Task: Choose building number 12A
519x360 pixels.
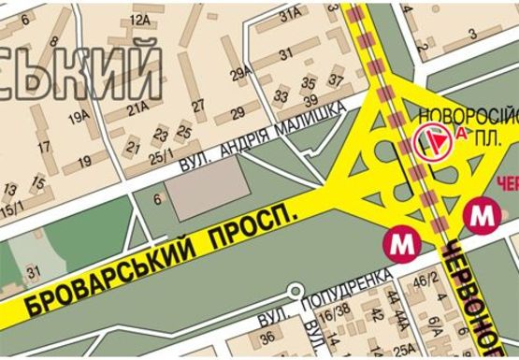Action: coord(140,20)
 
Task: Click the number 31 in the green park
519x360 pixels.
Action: coord(35,272)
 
